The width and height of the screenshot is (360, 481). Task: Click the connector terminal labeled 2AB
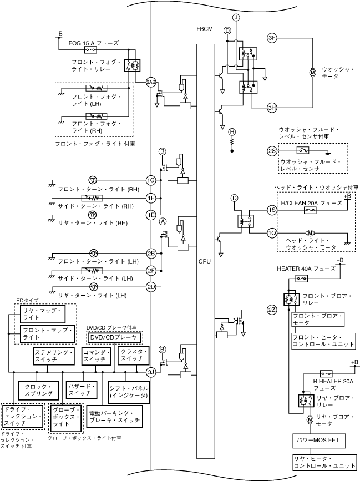[151, 82]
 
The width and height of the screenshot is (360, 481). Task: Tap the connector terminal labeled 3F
[272, 38]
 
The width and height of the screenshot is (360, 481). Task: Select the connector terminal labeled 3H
[272, 108]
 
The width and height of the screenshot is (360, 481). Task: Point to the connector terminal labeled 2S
[272, 151]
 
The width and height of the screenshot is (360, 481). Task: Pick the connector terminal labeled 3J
[151, 372]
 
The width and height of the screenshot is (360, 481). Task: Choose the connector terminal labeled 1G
[151, 180]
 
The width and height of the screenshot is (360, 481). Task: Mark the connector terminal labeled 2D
[151, 287]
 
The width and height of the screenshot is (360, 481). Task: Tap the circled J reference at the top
[236, 18]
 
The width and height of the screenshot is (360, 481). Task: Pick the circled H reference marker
[232, 131]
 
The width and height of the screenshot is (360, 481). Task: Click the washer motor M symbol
[312, 73]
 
